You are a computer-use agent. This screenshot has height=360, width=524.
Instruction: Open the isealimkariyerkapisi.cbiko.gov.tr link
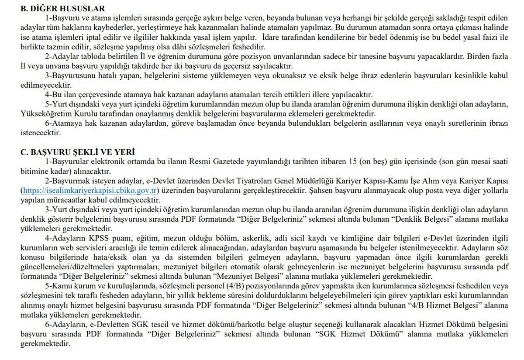point(90,190)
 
